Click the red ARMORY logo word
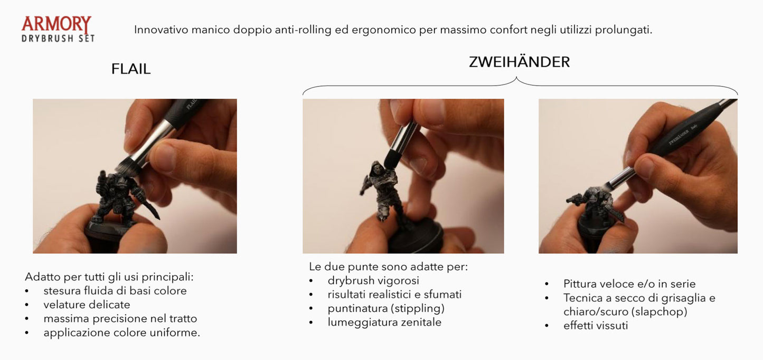tap(56, 24)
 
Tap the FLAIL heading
tap(131, 69)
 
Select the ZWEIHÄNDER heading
tap(519, 62)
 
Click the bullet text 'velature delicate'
tap(87, 305)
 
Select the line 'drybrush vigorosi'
tap(373, 281)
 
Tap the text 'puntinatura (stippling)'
tap(386, 308)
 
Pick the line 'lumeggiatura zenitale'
tap(384, 322)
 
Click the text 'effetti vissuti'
tap(596, 326)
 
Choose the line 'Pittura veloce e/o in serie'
tap(629, 283)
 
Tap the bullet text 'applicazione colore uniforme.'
tap(121, 333)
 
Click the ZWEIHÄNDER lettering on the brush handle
tap(679, 137)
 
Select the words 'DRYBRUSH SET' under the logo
tap(58, 39)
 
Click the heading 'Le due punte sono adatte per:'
tap(388, 267)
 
